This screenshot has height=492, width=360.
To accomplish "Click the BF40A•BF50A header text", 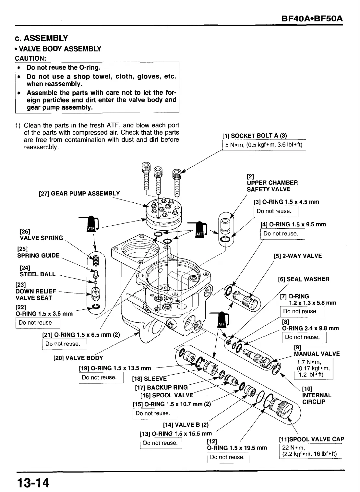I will coord(312,18).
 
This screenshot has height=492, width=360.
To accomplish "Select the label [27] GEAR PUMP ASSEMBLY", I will coord(79,194).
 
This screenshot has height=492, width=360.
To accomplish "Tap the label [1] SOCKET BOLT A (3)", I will coord(255,136).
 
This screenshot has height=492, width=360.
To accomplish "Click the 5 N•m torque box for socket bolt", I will coord(264,145).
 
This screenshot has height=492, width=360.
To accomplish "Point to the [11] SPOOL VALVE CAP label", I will coord(311,439).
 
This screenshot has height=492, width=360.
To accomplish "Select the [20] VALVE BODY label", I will coord(78,358).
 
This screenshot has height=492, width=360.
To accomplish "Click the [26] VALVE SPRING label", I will coord(41,234).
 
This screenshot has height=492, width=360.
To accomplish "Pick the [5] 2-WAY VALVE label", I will coord(298,256).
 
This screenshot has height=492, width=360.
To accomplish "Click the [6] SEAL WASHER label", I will coord(304,279).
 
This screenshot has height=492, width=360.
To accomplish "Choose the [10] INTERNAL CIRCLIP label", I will coord(317,395).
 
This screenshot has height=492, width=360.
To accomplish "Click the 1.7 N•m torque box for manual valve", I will coord(313,368).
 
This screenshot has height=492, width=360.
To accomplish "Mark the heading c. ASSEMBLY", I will coord(42,38).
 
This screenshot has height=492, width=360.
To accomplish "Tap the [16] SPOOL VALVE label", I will coord(167,395).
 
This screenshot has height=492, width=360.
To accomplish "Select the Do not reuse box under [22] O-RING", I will coord(38,323).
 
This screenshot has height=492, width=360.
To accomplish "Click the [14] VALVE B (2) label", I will coord(186,425).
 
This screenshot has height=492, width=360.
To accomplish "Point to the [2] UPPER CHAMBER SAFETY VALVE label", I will coord(272,183).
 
